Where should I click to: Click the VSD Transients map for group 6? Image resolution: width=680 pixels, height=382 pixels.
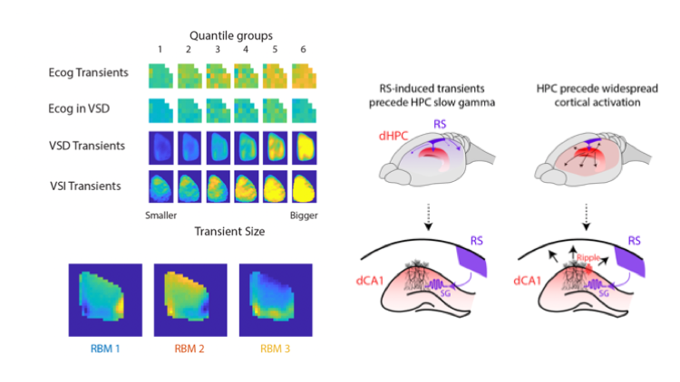click(302, 146)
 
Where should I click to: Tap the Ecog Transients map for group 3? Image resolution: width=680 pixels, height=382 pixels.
click(218, 73)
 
